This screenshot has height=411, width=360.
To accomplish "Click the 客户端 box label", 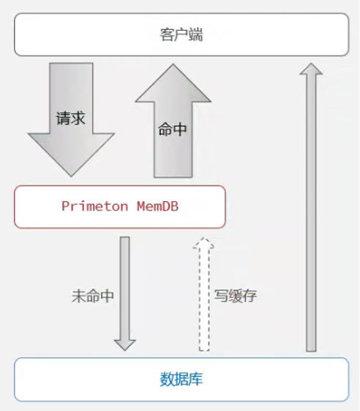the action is [181, 34].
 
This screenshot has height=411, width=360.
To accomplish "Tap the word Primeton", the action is [95, 206].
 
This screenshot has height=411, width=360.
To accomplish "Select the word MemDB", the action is [157, 206].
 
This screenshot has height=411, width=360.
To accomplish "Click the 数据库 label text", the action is [181, 380].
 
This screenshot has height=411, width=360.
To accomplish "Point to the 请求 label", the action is [70, 118].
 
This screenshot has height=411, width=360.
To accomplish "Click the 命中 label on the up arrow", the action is [172, 129].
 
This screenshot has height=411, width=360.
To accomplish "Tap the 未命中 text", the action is [92, 296].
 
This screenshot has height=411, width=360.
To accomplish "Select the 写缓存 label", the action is [235, 296].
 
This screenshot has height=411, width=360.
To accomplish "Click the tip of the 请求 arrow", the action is [71, 176].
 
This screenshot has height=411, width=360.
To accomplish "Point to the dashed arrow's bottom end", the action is [204, 350].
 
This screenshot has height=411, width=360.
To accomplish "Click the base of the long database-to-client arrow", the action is [311, 351].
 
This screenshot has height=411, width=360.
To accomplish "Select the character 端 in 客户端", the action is [196, 34].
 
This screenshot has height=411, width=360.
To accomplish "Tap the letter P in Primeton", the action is [65, 206].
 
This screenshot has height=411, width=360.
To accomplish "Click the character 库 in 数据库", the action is [196, 380].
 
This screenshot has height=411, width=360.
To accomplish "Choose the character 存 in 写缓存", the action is [250, 296].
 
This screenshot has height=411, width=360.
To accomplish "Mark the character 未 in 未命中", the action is [79, 296].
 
